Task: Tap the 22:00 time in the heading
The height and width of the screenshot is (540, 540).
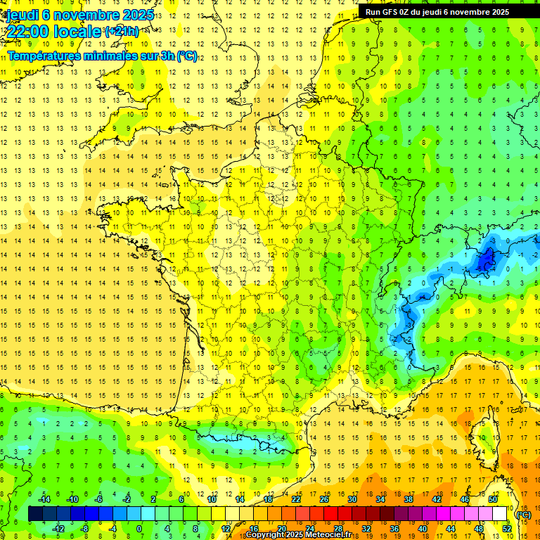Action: click(x=30, y=32)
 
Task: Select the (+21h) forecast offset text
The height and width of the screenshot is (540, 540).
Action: click(x=121, y=32)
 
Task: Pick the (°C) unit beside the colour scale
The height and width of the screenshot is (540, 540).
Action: click(x=523, y=514)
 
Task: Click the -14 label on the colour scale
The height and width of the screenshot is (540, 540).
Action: click(x=44, y=499)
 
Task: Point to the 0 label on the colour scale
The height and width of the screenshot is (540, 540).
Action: click(x=139, y=529)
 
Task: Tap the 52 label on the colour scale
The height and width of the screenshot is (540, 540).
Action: click(x=506, y=529)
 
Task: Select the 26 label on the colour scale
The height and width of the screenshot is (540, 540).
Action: click(x=323, y=499)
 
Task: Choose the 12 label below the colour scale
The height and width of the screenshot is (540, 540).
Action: click(x=226, y=529)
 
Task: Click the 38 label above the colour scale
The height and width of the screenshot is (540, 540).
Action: click(x=408, y=499)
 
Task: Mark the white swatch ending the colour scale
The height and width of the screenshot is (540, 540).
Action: click(x=500, y=514)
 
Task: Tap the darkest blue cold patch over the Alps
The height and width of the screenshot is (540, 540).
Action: click(x=485, y=262)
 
